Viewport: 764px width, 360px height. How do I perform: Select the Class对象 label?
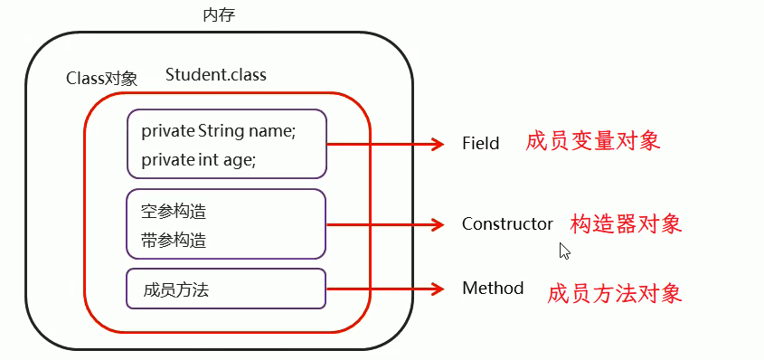[x=102, y=79]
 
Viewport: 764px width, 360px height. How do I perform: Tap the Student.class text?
[x=216, y=74]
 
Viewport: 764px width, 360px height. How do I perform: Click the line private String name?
[x=219, y=131]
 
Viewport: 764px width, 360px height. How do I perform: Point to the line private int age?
[x=199, y=159]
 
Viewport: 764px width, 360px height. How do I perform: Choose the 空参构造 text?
[x=174, y=213]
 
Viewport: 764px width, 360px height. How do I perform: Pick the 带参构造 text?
[x=174, y=241]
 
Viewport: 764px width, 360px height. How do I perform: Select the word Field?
[x=480, y=144]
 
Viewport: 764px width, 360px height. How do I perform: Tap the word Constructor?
[x=507, y=223]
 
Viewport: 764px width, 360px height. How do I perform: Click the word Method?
[x=493, y=289]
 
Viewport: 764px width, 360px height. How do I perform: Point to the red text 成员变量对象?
[x=593, y=141]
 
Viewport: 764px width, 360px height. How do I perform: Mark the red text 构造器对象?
[x=626, y=223]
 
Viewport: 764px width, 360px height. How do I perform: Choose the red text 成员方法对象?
[x=614, y=293]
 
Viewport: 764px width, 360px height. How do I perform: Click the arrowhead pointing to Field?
[x=438, y=144]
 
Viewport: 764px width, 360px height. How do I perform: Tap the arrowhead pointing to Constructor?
[x=438, y=224]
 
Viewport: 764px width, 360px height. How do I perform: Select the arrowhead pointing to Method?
[x=438, y=289]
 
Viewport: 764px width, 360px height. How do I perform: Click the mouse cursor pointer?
[x=564, y=251]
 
